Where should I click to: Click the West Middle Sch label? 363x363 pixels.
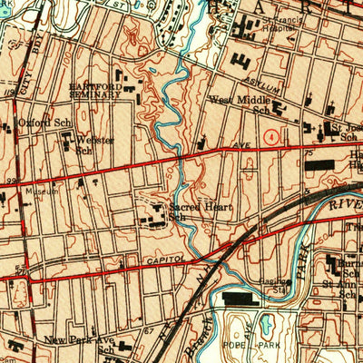(240, 105)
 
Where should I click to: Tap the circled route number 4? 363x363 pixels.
(270, 135)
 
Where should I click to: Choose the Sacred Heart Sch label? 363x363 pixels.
(187, 211)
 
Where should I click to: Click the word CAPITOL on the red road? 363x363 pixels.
(163, 261)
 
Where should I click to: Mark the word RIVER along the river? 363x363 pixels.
(344, 207)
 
